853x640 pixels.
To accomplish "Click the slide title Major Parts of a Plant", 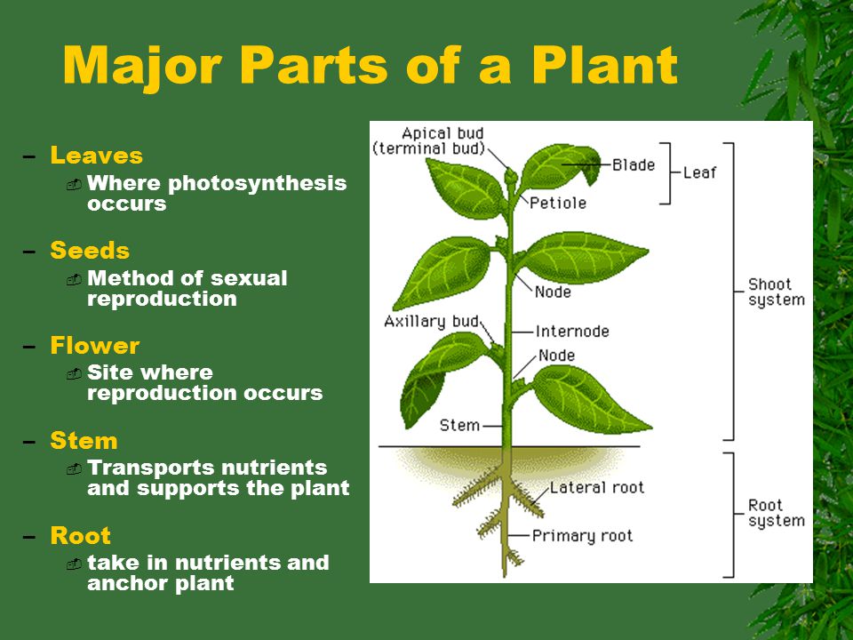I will [370, 64].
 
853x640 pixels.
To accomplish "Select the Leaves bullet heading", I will [96, 156].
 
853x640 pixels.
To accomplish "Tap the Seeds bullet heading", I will [90, 252].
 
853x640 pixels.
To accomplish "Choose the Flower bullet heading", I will [95, 346].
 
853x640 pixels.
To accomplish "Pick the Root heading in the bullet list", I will [81, 536].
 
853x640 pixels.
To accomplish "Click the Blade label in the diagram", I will [634, 164].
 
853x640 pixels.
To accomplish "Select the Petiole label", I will [558, 203].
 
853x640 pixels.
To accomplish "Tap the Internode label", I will [572, 332].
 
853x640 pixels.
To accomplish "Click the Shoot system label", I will [776, 292].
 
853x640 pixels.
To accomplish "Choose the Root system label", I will [776, 513].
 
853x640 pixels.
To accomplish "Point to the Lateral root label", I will [596, 487].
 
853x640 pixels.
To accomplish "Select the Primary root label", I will [582, 535].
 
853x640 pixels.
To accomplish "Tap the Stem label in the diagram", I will [459, 425].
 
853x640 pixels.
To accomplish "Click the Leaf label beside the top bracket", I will [699, 172].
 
